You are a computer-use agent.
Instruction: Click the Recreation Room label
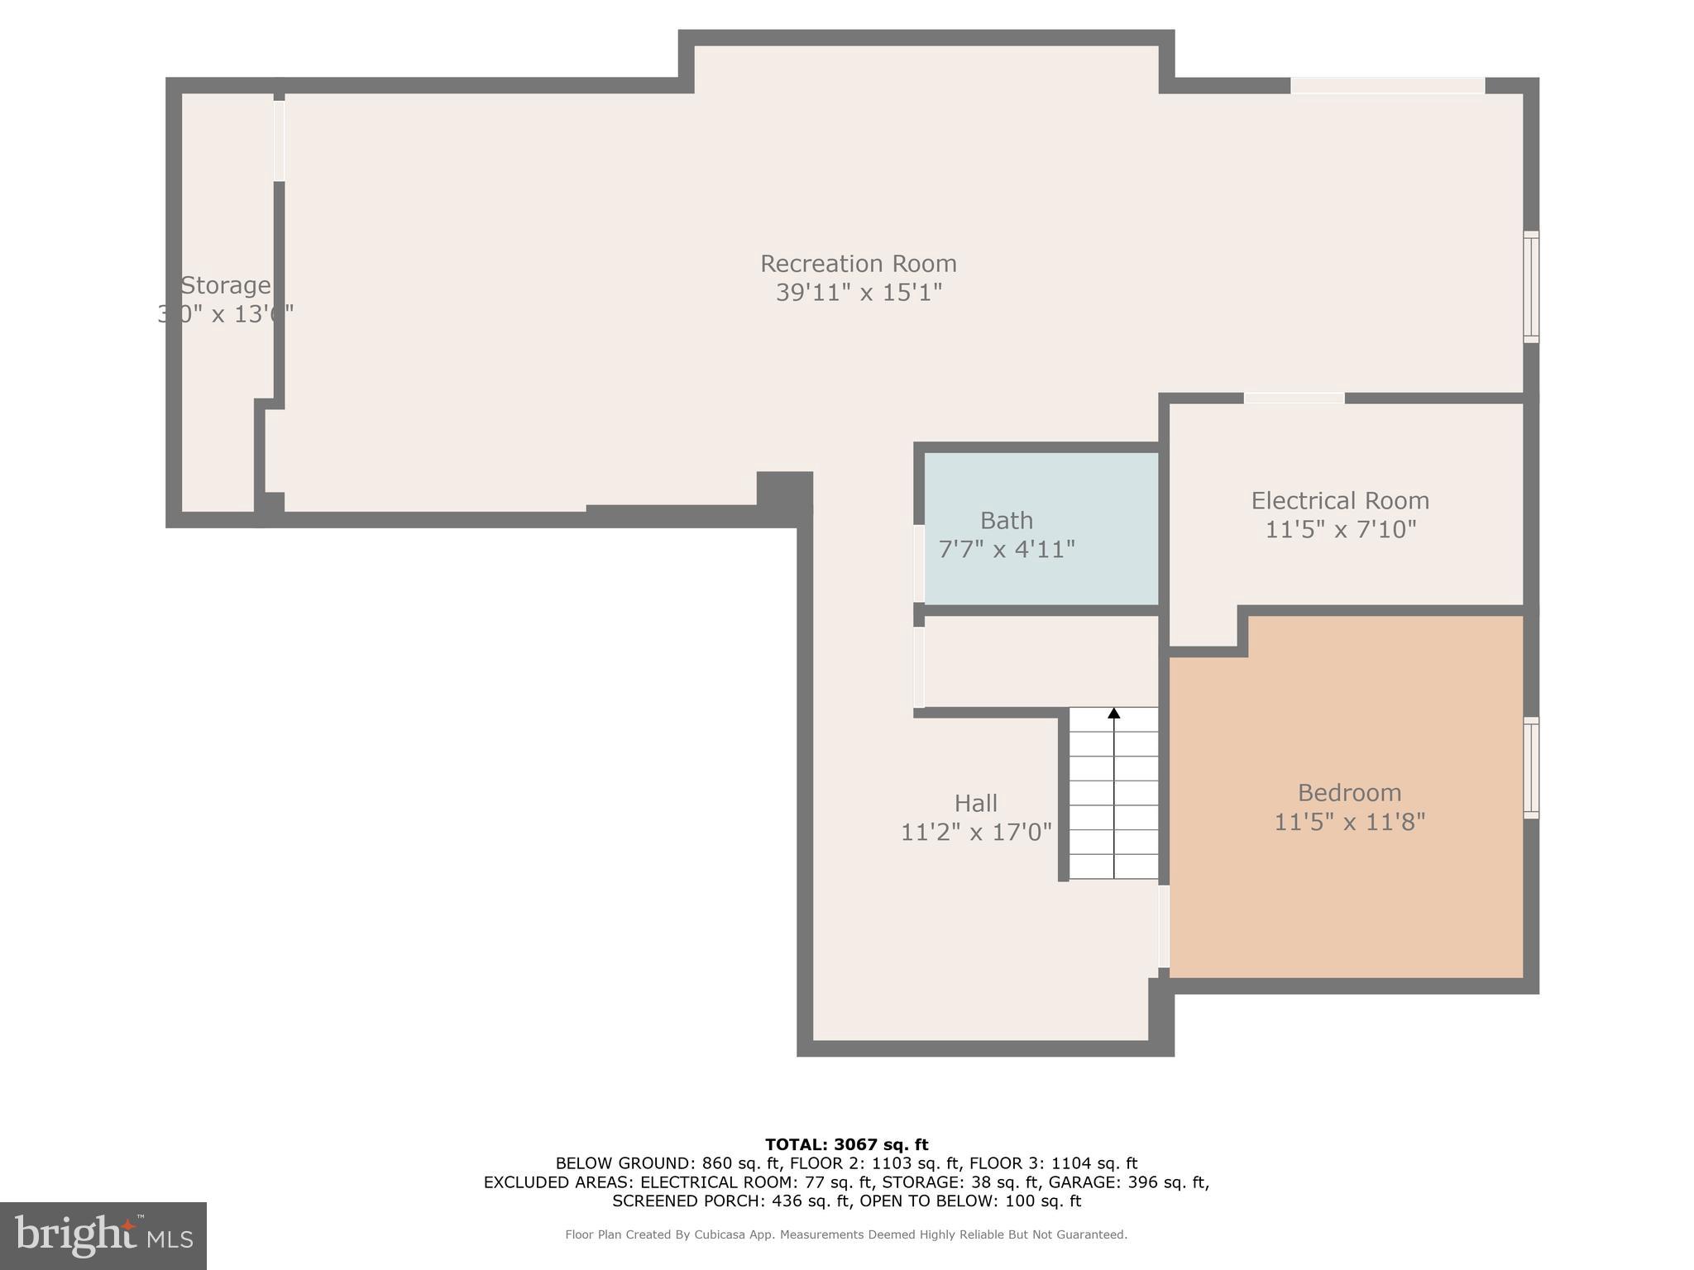(858, 264)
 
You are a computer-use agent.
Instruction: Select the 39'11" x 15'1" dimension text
(859, 293)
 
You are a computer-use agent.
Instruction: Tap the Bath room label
(1006, 521)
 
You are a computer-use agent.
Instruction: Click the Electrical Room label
(1339, 501)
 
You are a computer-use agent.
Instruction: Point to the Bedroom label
(1348, 793)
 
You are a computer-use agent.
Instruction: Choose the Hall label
(975, 804)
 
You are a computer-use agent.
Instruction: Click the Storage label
(225, 286)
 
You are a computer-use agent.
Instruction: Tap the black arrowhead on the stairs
(1113, 713)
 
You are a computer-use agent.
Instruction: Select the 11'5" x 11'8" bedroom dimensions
(1348, 823)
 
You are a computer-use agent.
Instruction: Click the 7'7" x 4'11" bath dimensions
(1006, 550)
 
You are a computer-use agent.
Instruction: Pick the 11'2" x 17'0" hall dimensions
(975, 833)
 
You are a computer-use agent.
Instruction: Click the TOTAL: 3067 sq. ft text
(846, 1145)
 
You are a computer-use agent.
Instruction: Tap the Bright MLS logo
(103, 1236)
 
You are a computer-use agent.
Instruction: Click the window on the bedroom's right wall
(1530, 768)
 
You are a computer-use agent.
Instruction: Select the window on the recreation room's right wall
(1530, 287)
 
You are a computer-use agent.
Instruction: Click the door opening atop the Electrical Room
(1294, 399)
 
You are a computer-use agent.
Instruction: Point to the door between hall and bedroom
(1163, 926)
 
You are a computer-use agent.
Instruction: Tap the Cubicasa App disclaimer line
(846, 1234)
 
